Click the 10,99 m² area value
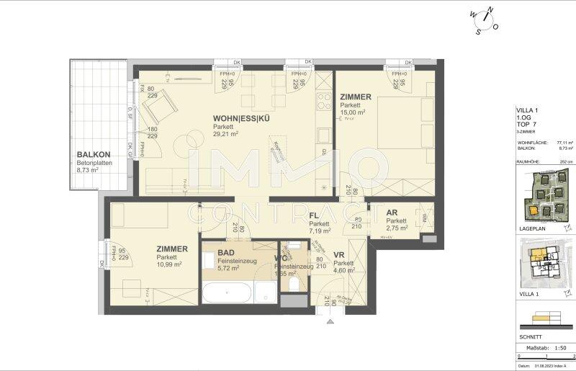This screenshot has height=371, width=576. (x=171, y=264)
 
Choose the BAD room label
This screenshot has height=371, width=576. (x=225, y=251)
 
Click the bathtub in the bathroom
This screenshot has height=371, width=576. (x=228, y=293)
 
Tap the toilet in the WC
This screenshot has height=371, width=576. (x=293, y=285)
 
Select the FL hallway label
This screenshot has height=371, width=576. (x=315, y=215)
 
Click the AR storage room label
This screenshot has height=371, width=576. (x=392, y=213)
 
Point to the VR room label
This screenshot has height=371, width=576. (x=338, y=255)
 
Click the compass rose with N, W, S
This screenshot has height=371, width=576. (x=482, y=21)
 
